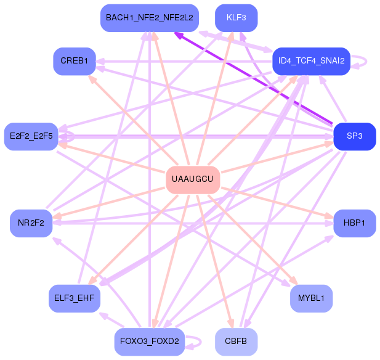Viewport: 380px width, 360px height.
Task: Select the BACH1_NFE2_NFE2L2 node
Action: point(150,18)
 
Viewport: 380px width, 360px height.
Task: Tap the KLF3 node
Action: point(236,18)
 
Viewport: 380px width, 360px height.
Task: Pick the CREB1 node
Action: point(75,61)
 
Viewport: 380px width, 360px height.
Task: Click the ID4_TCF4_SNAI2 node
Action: point(312,61)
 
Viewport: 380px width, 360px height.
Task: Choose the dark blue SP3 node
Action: point(355,136)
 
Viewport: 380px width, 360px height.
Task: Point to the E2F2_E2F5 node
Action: point(31,136)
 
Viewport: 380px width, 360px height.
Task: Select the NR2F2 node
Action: point(31,223)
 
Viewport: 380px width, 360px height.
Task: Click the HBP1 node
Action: point(355,223)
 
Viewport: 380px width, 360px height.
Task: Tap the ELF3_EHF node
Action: point(75,298)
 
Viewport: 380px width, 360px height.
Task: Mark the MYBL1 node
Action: point(312,298)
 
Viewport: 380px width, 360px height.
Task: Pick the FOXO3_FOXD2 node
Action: point(150,342)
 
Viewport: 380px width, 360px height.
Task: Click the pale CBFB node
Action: point(236,342)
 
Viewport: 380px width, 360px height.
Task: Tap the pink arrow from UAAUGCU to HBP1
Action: point(277,202)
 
